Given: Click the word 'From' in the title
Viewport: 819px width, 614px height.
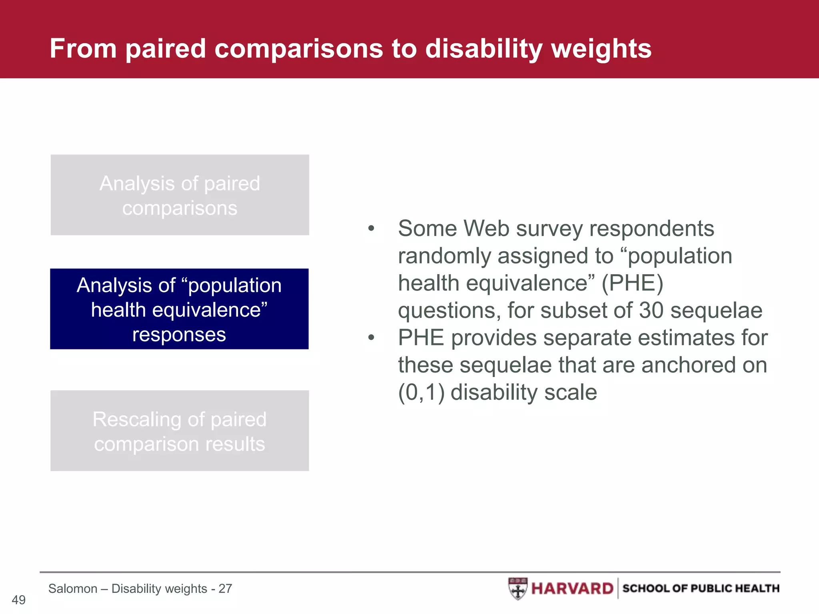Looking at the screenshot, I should (83, 49).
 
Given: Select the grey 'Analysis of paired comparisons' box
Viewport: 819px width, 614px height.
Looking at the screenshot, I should (180, 195).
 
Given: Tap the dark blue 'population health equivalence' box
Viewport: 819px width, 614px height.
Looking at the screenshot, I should (179, 309).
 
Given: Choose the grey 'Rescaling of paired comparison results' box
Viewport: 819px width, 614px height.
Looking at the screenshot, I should (180, 431).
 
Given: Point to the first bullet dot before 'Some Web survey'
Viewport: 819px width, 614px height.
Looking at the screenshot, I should (371, 229).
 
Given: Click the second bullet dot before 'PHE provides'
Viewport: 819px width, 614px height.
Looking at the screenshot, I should (371, 338).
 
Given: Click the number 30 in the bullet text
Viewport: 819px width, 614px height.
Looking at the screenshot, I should (651, 311).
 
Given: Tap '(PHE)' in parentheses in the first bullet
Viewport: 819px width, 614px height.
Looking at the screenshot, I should (632, 283).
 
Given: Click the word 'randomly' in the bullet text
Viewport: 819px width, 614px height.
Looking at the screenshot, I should (444, 256).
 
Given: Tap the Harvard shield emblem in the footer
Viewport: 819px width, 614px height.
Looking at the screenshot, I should (518, 588).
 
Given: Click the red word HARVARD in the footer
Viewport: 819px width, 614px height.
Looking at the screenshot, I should (572, 588).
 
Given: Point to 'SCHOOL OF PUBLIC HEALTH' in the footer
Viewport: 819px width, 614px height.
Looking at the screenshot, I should (701, 588).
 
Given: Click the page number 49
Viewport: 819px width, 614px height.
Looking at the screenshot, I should (18, 600).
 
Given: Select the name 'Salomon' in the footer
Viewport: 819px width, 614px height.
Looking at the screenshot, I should (73, 588).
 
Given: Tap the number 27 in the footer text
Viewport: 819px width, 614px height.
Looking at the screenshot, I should (225, 588).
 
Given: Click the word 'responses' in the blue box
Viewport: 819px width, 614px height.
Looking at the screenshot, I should (179, 335).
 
